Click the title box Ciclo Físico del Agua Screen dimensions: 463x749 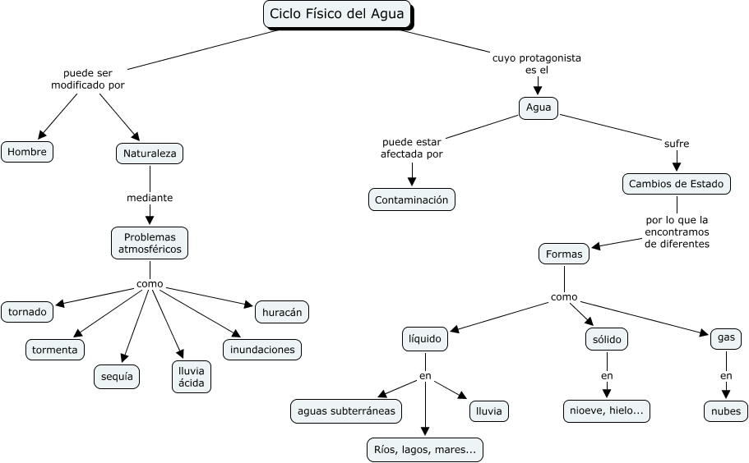tap(337, 14)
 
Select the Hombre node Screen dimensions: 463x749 tap(27, 152)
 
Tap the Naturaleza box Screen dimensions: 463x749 tap(150, 154)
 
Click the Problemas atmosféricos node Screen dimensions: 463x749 tap(150, 242)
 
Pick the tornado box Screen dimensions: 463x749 tap(27, 312)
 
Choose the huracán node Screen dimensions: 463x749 tap(282, 312)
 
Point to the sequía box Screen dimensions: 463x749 tap(116, 377)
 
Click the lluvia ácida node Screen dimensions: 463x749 tap(191, 377)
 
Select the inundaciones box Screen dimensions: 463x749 tap(262, 350)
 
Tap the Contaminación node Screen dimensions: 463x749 tap(411, 199)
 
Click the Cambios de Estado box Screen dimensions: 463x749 tap(676, 184)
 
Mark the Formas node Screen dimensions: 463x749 tap(564, 254)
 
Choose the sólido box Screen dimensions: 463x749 tap(607, 338)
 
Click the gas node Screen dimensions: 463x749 tap(726, 337)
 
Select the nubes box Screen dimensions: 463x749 tap(726, 411)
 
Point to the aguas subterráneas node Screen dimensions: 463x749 tap(346, 410)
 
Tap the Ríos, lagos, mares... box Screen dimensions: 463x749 tap(424, 450)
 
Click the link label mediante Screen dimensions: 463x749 tap(150, 198)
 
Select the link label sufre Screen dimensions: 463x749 tap(676, 144)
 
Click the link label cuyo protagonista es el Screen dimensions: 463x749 tap(536, 64)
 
